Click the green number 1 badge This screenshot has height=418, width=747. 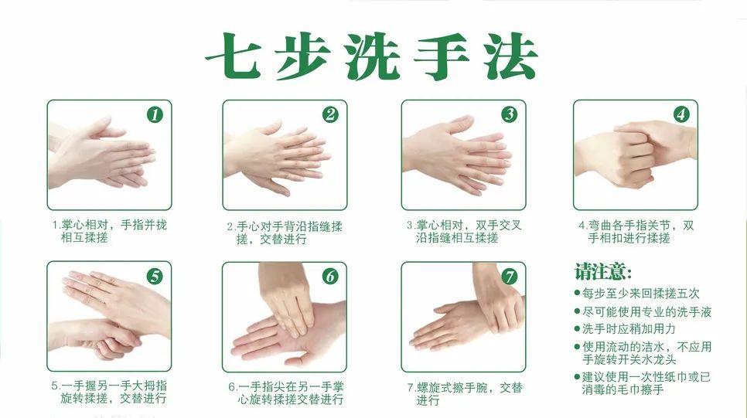[155, 115]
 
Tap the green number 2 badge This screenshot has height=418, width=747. [331, 115]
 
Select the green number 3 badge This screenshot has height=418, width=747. [509, 115]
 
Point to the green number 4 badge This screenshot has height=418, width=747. [680, 115]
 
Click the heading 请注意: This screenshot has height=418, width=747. [603, 272]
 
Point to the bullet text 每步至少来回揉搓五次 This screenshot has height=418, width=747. [641, 294]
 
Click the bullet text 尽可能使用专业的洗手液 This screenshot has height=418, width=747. [647, 311]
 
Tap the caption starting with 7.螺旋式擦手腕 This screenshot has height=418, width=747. [464, 393]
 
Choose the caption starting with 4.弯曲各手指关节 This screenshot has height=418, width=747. [636, 232]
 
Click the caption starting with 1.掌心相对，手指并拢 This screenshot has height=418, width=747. [109, 231]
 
